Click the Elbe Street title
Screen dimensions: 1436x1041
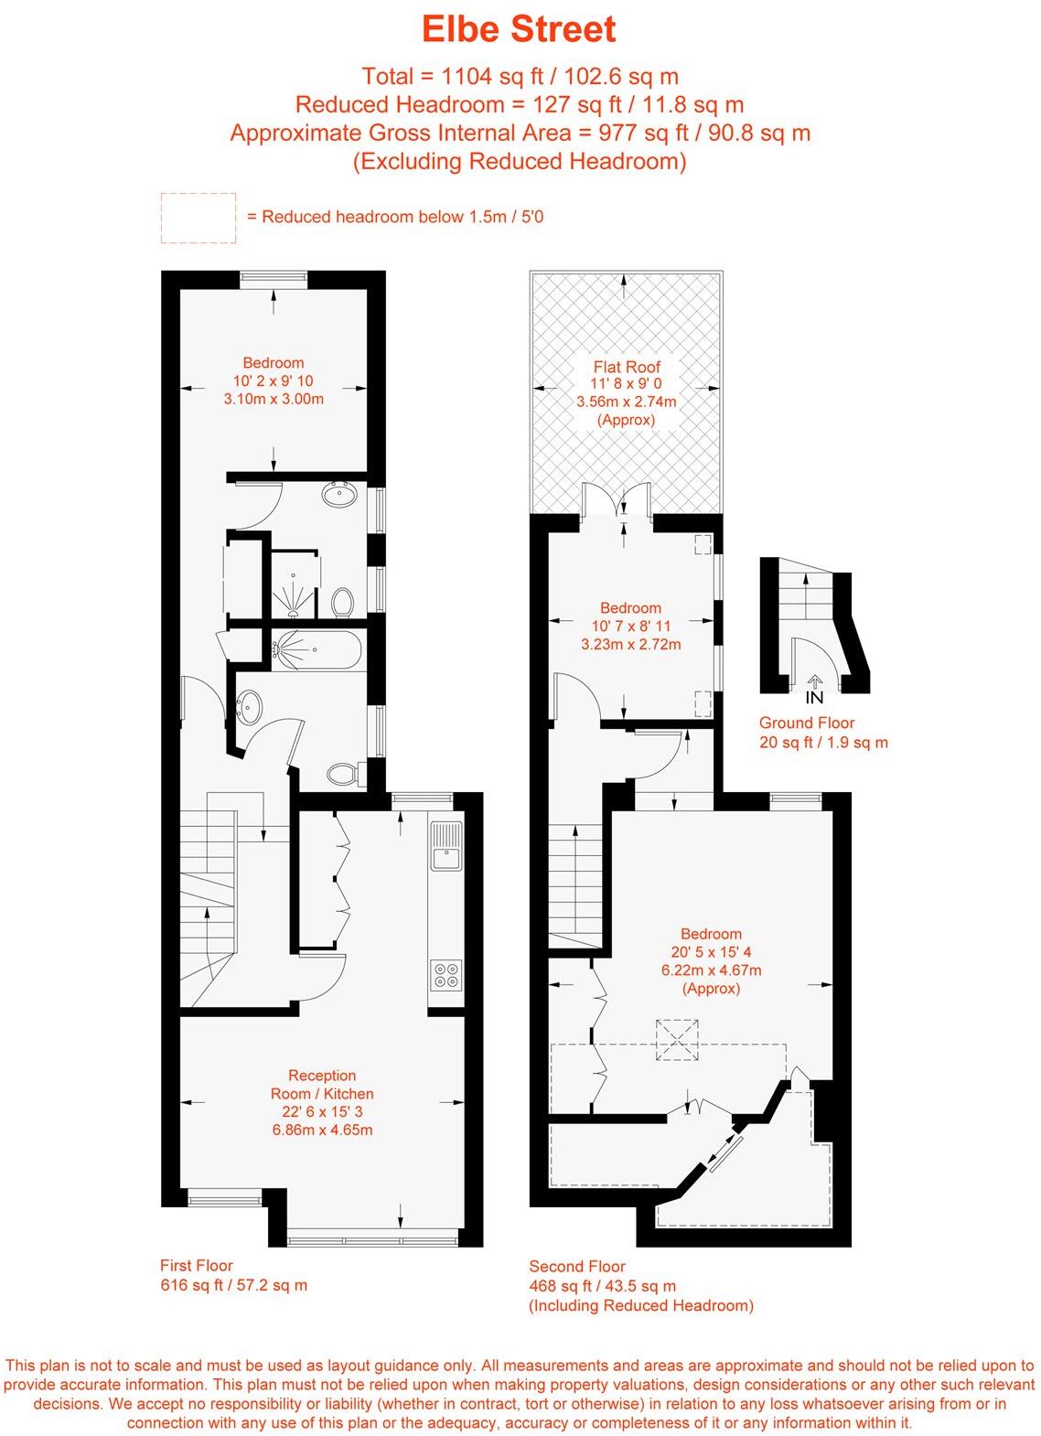[x=519, y=29]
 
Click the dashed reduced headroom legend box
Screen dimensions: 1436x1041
[x=199, y=218]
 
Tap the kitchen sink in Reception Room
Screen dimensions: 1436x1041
[x=446, y=846]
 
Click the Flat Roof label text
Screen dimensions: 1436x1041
[x=626, y=367]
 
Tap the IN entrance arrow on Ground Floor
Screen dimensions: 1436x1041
[x=814, y=689]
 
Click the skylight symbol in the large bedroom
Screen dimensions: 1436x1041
[x=677, y=1040]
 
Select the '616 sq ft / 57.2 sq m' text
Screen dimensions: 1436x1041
[x=234, y=1285]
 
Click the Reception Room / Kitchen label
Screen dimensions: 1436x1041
[x=322, y=1085]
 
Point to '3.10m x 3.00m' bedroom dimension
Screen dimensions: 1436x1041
[x=274, y=399]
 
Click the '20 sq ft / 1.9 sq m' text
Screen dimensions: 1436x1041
[x=823, y=742]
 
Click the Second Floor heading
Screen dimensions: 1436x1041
[x=577, y=1267]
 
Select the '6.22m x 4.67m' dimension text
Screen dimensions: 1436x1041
[x=711, y=970]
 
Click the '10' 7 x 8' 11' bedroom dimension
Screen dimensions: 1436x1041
[x=630, y=626]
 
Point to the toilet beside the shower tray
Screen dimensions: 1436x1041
[x=343, y=602]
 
